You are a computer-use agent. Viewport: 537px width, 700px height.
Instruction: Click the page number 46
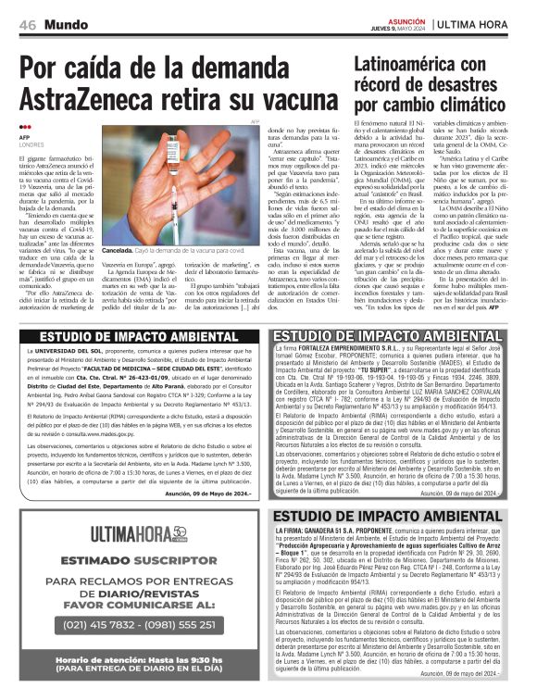(x=26, y=23)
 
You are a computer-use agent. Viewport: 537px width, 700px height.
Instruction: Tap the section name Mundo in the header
(x=68, y=23)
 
